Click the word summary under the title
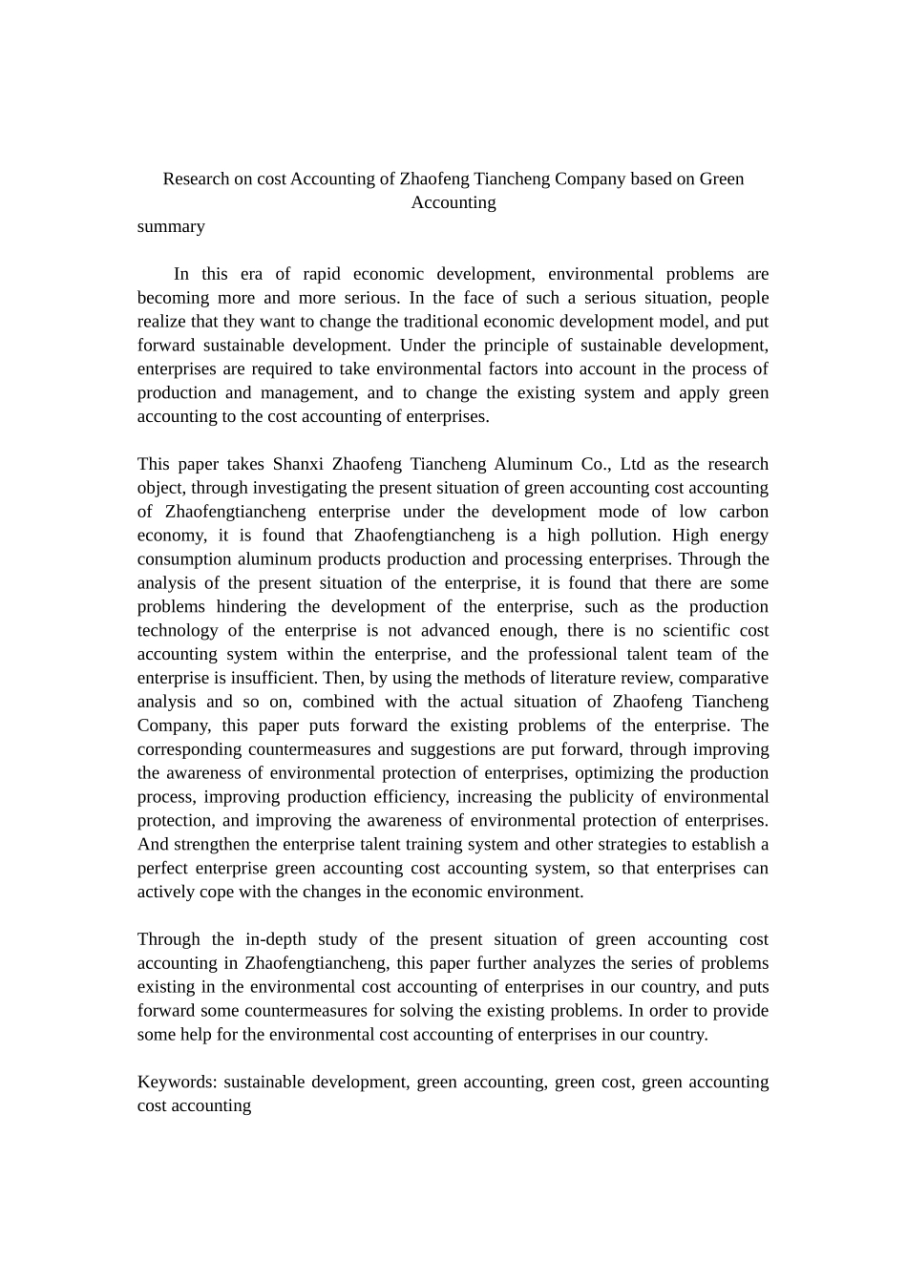[171, 226]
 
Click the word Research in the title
[196, 179]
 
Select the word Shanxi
[297, 464]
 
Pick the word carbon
[743, 512]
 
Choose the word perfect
[162, 868]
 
